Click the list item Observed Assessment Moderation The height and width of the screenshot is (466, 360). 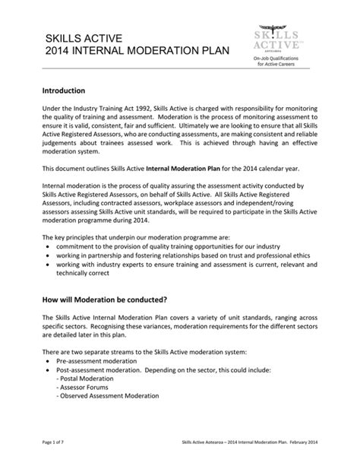pyautogui.click(x=109, y=396)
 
